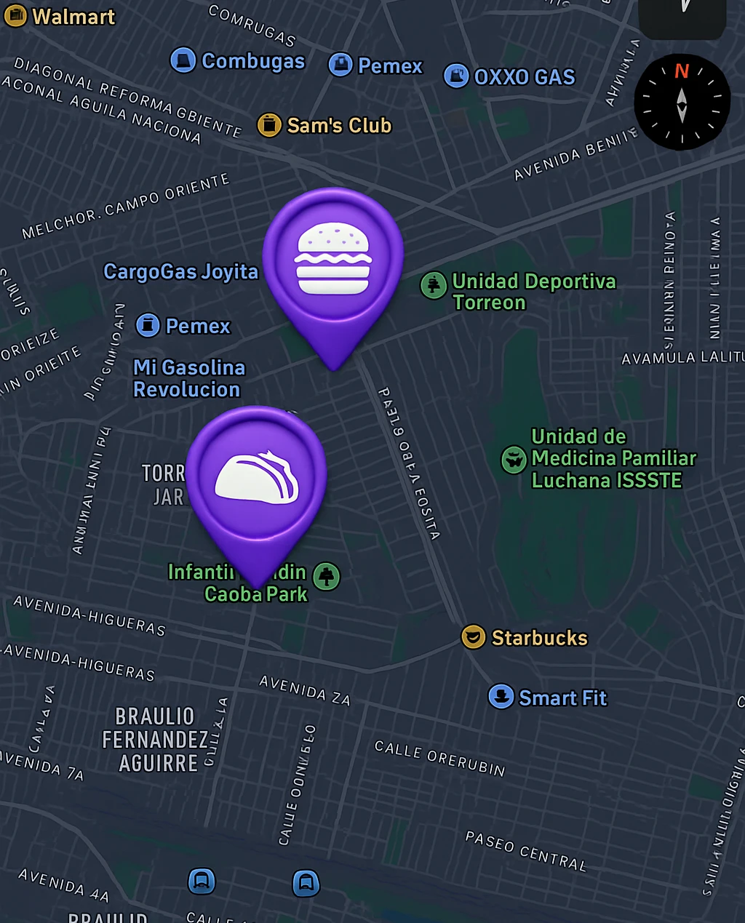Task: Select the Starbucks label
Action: tap(539, 638)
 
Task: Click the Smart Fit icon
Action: tap(501, 697)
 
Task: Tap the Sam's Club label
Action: tap(339, 126)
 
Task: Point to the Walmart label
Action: tap(73, 17)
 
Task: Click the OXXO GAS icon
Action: tap(456, 76)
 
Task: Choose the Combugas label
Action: tap(252, 61)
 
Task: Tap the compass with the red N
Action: tap(682, 103)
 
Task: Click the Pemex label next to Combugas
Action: tap(390, 66)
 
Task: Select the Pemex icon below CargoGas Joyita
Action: tap(148, 325)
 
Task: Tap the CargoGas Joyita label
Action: tap(180, 272)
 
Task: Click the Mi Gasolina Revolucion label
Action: tap(188, 378)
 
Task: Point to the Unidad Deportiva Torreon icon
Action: tap(434, 284)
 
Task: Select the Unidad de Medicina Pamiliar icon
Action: tap(514, 459)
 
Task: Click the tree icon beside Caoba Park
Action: tap(327, 576)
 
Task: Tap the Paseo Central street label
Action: tap(525, 851)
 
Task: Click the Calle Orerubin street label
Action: tap(439, 758)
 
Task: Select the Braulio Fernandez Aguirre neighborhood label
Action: tap(156, 740)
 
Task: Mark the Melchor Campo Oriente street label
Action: tap(125, 207)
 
